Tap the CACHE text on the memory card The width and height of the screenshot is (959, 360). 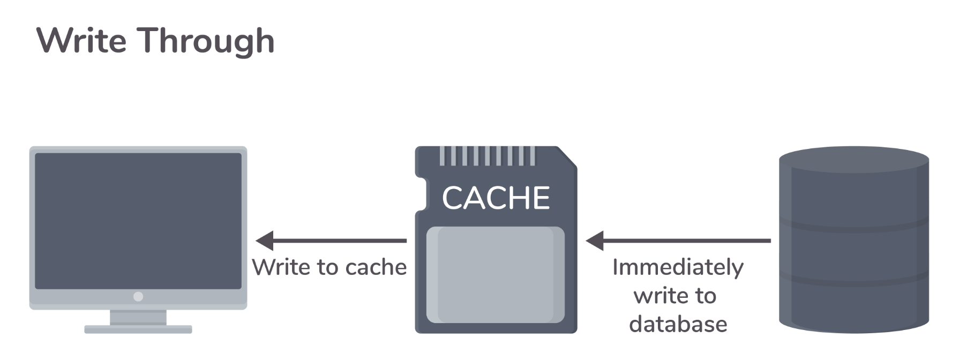click(496, 198)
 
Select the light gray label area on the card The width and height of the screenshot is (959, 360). click(496, 275)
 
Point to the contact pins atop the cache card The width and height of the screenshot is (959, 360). click(487, 155)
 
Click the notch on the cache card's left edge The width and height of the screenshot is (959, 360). click(422, 194)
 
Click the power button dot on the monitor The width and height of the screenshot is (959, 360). click(138, 296)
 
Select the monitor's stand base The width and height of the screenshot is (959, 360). click(138, 329)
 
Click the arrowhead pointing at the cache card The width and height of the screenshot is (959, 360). click(595, 241)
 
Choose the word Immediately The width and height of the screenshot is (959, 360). click(678, 267)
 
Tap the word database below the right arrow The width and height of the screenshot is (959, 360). click(678, 324)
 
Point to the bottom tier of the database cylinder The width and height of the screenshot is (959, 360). click(853, 305)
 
